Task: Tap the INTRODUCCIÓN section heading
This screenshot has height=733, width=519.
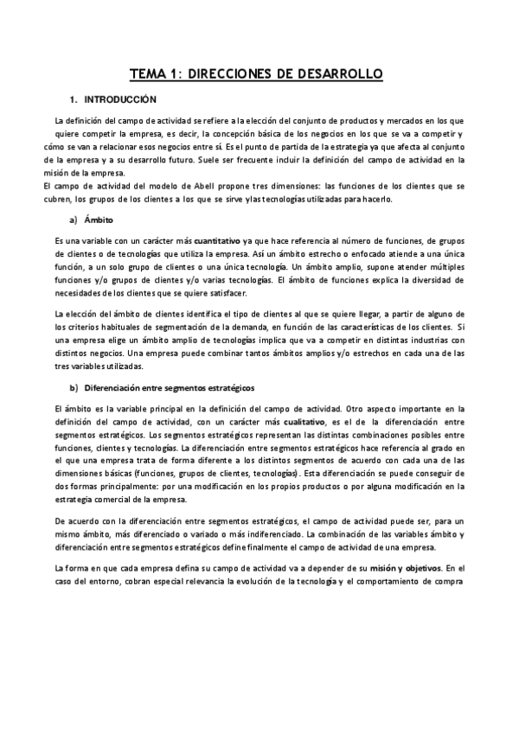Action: (120, 100)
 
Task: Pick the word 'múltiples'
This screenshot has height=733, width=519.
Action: (445, 268)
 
